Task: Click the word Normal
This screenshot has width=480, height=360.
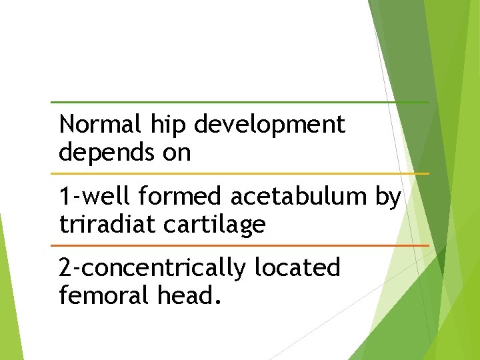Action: pos(99,125)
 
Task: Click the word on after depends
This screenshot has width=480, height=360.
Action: pos(177,153)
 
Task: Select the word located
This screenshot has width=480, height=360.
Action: pos(297,268)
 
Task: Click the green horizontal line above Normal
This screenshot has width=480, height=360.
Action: pos(240,102)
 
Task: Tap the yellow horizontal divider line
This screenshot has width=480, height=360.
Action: pos(240,174)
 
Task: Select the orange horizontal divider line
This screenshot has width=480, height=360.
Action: pos(240,245)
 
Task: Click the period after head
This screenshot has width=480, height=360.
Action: pos(216,303)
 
